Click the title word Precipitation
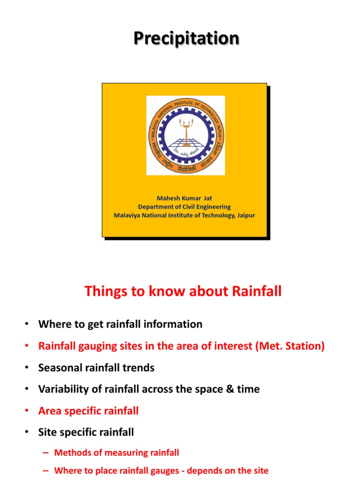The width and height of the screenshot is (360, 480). pos(186,38)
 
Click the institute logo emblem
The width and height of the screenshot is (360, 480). pos(186,135)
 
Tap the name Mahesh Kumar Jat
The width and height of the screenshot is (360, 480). pos(184,198)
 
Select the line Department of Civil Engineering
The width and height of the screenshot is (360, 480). pos(184,207)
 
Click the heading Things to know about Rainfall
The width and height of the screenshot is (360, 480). pos(183,292)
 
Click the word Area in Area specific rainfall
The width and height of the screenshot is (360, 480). pos(50,411)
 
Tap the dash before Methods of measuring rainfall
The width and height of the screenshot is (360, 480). pos(45,453)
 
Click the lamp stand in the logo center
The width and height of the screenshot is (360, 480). pos(186,134)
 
